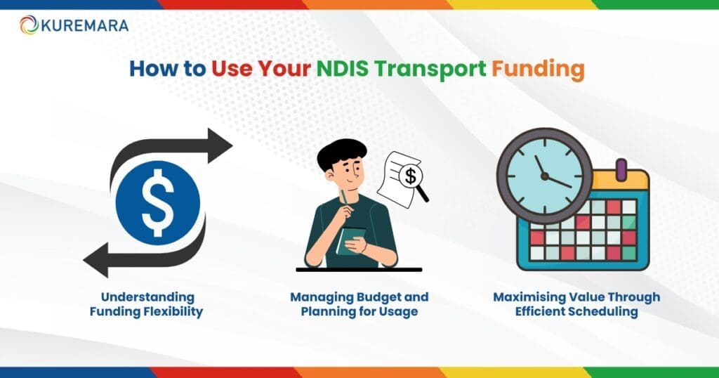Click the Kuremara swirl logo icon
[29, 25]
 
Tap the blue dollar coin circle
[157, 202]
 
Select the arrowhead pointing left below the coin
[95, 261]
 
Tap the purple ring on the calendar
[620, 169]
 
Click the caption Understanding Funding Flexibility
[146, 304]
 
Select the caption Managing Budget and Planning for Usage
[359, 304]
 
